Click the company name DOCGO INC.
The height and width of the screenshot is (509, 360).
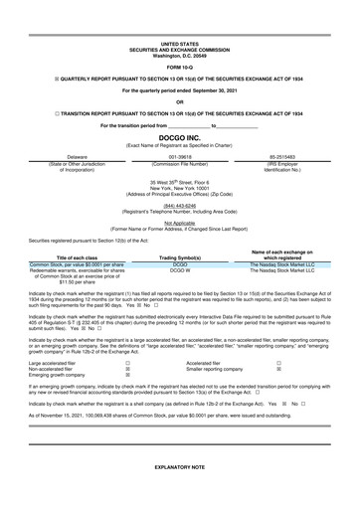[180, 139]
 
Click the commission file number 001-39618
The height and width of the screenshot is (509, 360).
[180, 157]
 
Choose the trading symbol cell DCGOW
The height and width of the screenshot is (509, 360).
[180, 271]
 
